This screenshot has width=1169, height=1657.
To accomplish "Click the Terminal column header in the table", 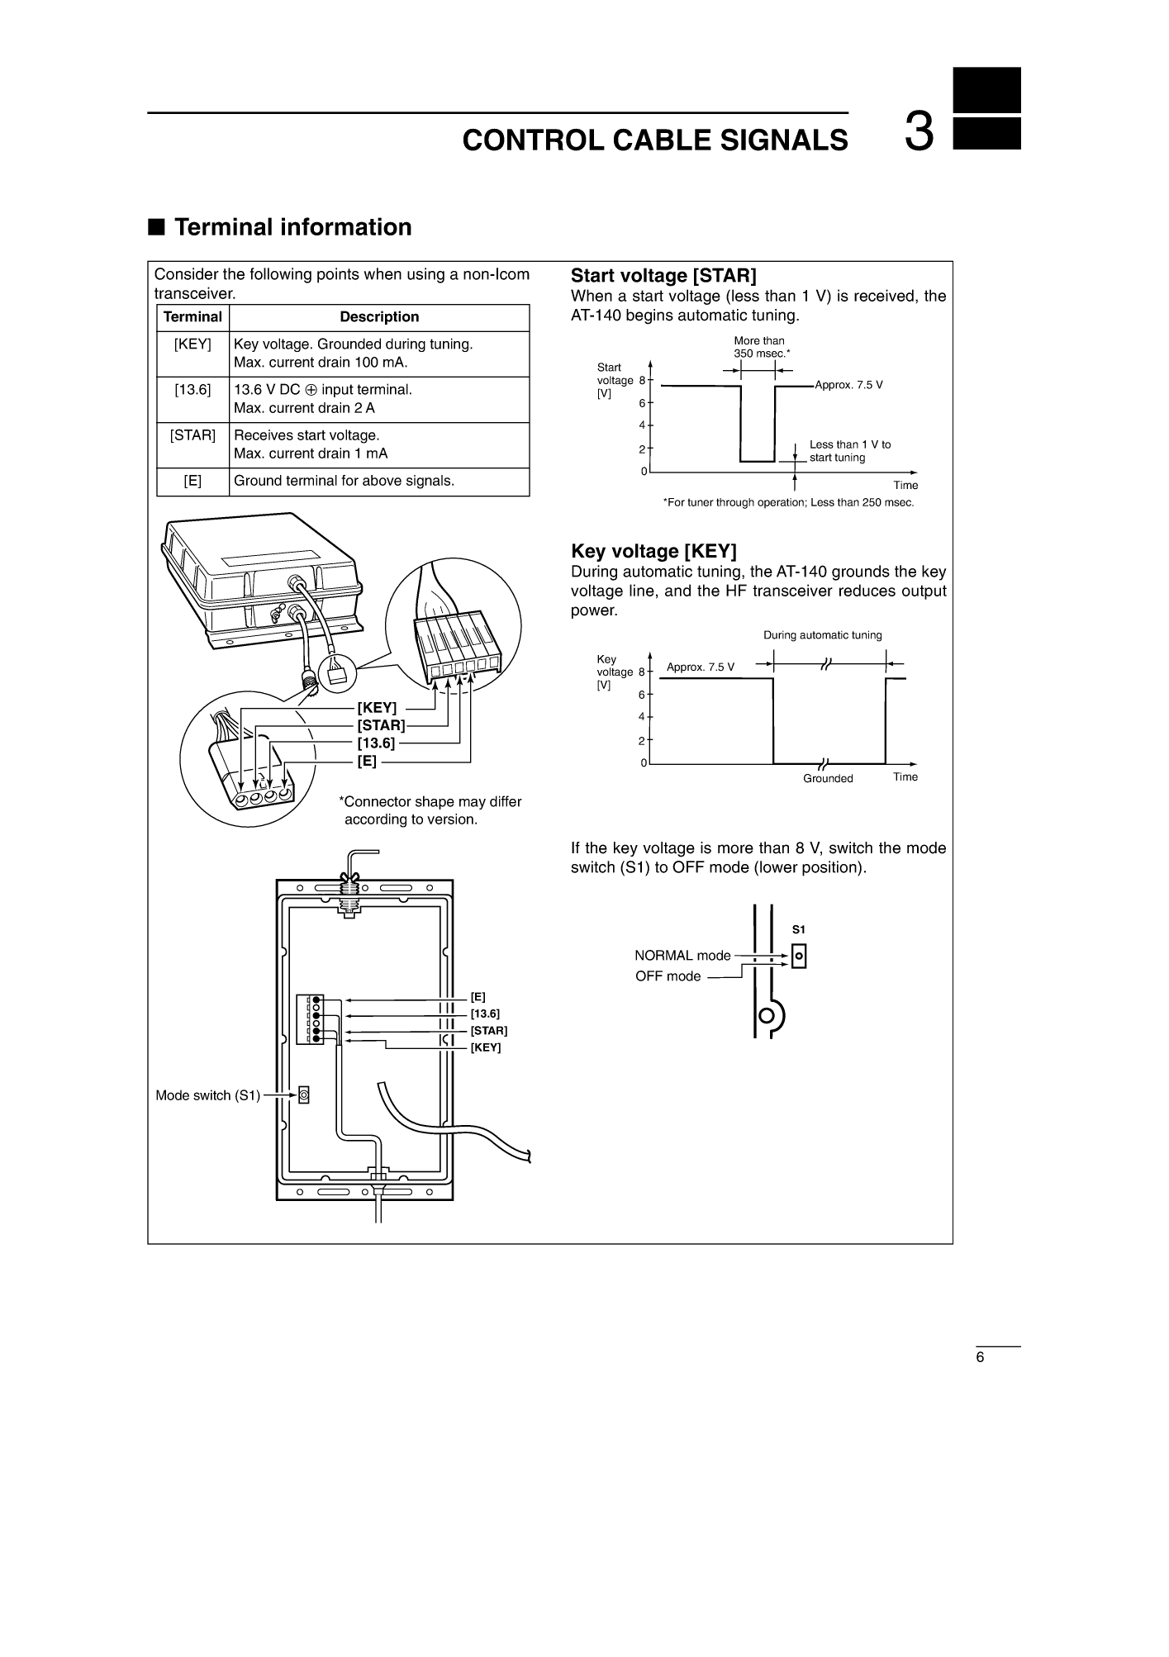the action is (x=192, y=317).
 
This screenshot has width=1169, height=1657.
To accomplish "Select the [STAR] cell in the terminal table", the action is (x=192, y=435).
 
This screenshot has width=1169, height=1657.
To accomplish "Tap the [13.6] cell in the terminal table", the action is (x=192, y=390).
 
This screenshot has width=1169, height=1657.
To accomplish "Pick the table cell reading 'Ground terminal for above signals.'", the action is (x=345, y=481).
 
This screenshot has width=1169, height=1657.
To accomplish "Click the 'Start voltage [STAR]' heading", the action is (x=663, y=276).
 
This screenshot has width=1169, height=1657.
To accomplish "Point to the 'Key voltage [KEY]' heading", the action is (x=653, y=552).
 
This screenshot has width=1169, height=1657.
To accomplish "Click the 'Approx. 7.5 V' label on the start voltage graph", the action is (x=849, y=385).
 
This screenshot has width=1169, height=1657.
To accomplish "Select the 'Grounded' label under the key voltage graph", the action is (x=828, y=779).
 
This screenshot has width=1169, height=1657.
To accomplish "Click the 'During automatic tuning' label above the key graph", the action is (x=823, y=635).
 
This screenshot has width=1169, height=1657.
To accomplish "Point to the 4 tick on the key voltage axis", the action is (x=642, y=717).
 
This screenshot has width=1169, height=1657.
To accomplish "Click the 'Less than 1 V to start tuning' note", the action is (x=850, y=451).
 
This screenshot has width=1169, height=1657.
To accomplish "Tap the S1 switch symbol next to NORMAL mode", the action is (x=799, y=957).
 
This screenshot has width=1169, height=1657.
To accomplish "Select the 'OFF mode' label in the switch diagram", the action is (x=668, y=976).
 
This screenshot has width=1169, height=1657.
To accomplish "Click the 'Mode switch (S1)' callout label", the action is (x=207, y=1096).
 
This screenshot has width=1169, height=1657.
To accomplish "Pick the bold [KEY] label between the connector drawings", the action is (x=377, y=708).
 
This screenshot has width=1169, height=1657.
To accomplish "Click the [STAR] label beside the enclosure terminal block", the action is (x=489, y=1031).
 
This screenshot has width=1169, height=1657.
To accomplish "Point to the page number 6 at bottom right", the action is (x=981, y=1359).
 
